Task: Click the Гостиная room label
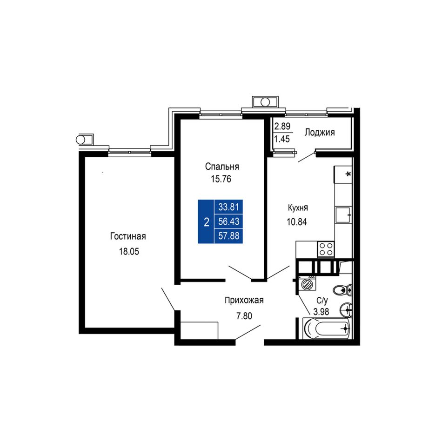tap(128, 236)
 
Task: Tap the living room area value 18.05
tap(129, 251)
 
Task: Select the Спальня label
tap(222, 167)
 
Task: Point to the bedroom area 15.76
tap(221, 179)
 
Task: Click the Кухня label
tap(298, 208)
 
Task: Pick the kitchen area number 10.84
tap(297, 222)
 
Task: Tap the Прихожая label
tap(244, 301)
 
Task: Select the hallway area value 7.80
tap(244, 316)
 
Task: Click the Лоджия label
tap(319, 133)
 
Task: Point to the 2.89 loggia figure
tap(282, 126)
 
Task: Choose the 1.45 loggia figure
tap(282, 139)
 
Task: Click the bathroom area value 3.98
tap(321, 312)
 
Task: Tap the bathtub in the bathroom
tap(327, 328)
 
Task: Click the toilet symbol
tap(342, 289)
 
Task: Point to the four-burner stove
tap(326, 249)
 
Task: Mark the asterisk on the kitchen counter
tap(348, 174)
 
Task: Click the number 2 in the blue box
tap(206, 222)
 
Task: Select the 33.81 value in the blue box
tap(228, 207)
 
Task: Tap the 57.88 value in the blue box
tap(228, 236)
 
